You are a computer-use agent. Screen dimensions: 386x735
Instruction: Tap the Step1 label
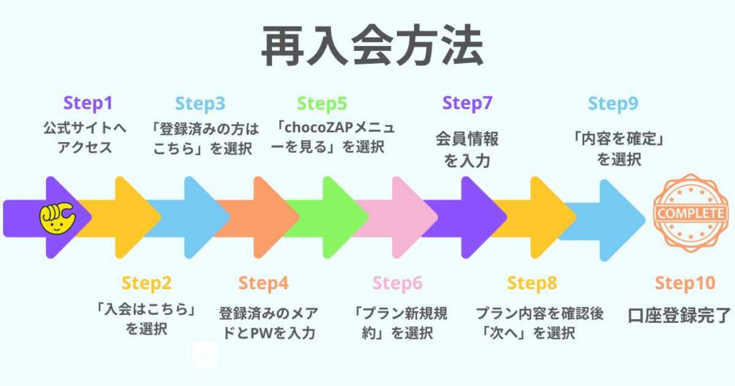point(88,103)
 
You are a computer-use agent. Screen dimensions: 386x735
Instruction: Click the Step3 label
point(200,103)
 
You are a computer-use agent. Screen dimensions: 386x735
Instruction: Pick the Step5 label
point(322,103)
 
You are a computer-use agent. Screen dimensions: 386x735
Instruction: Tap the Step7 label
point(467,103)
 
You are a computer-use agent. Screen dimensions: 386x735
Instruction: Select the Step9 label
point(613,103)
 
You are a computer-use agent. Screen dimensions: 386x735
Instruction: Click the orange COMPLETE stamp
point(689,214)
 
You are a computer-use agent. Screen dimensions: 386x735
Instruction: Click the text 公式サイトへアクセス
point(88,138)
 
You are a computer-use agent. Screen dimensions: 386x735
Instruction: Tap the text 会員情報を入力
point(467,149)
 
